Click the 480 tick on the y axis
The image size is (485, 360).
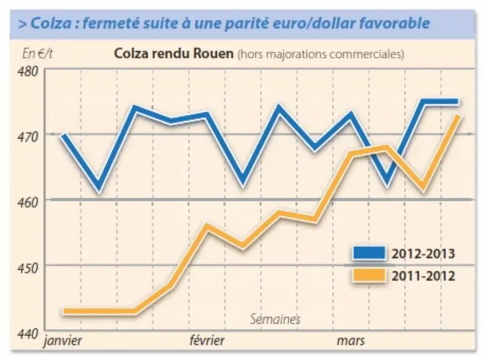[28, 71]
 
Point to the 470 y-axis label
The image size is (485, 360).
[28, 137]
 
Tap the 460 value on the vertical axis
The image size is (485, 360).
[28, 202]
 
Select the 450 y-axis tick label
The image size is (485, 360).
[28, 268]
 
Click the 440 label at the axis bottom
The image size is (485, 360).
[28, 334]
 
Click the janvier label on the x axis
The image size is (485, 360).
[63, 341]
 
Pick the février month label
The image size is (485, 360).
[207, 341]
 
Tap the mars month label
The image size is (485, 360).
[351, 341]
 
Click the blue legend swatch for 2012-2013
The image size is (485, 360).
[369, 253]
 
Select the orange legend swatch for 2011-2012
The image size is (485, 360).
[369, 275]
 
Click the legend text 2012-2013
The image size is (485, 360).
[424, 254]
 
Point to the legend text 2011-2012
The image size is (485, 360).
[424, 276]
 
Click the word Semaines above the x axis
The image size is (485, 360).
[275, 319]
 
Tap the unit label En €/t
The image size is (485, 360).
[37, 54]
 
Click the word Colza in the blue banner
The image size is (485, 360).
[51, 23]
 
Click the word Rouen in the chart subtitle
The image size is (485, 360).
[213, 54]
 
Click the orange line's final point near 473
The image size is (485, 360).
[458, 116]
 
